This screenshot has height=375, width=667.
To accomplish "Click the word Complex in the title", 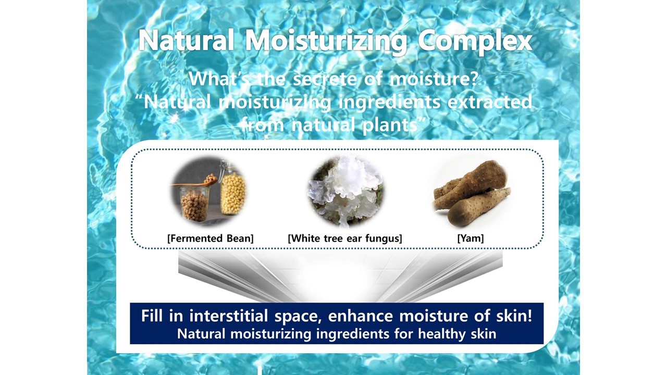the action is pyautogui.click(x=475, y=41).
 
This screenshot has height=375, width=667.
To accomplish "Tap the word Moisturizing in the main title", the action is pyautogui.click(x=326, y=42).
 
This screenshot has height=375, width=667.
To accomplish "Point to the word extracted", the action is pyautogui.click(x=489, y=102).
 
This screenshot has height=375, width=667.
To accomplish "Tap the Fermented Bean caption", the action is pyautogui.click(x=210, y=239).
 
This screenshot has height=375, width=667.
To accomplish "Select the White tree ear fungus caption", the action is pyautogui.click(x=345, y=239).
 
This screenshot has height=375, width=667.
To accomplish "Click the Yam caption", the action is pyautogui.click(x=471, y=239).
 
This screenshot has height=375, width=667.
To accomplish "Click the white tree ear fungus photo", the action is pyautogui.click(x=345, y=191).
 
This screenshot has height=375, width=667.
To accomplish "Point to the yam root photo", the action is pyautogui.click(x=472, y=193).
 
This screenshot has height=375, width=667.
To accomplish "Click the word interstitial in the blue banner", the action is pyautogui.click(x=229, y=316).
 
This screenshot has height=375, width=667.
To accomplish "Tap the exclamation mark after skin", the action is pyautogui.click(x=529, y=316).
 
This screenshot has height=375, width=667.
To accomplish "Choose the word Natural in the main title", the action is pyautogui.click(x=187, y=41).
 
